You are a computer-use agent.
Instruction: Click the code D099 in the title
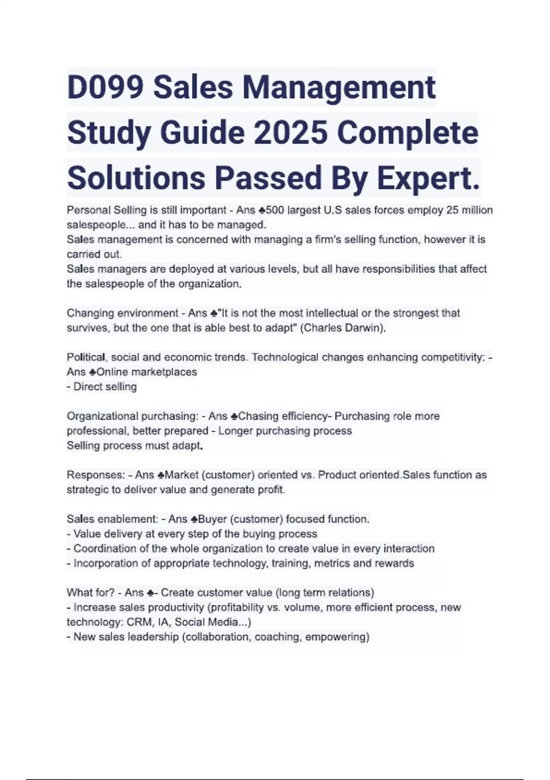click(105, 87)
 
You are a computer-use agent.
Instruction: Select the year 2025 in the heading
click(290, 133)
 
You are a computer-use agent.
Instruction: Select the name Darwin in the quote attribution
click(366, 328)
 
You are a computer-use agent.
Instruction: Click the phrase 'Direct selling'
click(105, 387)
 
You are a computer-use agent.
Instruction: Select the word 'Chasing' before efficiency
click(258, 416)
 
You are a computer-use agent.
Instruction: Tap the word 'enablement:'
click(128, 519)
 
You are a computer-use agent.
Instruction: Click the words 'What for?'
click(90, 593)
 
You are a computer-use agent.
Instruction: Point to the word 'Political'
click(86, 357)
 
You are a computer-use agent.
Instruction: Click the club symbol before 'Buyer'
click(194, 519)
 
